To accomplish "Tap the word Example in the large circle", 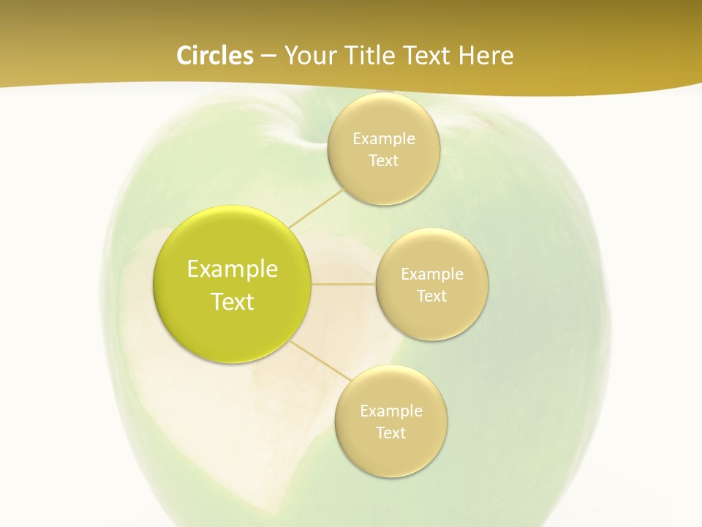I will coord(233,269).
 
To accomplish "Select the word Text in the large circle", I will coord(233,302).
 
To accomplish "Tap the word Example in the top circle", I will coord(383,138).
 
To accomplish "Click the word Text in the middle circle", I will coord(431,296).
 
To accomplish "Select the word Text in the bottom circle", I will coord(390,433).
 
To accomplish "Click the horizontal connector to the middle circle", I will coord(344,284).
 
